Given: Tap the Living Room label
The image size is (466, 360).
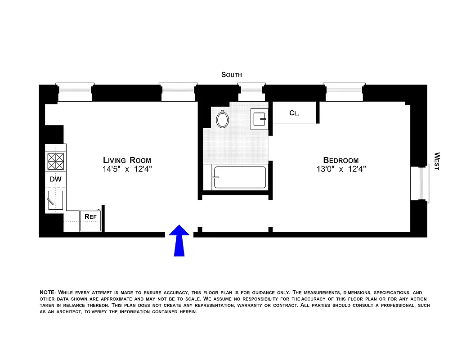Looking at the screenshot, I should click(127, 160).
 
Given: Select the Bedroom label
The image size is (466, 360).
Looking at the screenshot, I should click(341, 160).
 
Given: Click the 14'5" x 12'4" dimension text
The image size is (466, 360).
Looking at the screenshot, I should click(127, 170).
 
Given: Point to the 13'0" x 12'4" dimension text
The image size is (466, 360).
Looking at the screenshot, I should click(341, 170).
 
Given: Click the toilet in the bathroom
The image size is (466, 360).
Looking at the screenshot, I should click(223, 119).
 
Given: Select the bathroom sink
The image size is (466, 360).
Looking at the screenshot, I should click(260, 120).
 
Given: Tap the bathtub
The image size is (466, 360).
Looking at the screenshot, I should click(239, 177).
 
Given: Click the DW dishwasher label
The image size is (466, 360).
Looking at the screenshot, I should click(55, 179).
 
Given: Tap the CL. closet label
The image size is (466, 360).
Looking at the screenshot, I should click(294, 113).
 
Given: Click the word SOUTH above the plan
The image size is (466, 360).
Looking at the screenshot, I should click(231, 75).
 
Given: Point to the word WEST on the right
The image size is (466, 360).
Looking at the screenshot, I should click(436, 161).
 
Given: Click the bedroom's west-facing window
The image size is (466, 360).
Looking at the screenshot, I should click(421, 183).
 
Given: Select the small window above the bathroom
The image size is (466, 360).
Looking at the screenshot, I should click(251, 93).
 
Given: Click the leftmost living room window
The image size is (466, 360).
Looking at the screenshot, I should click(75, 93).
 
